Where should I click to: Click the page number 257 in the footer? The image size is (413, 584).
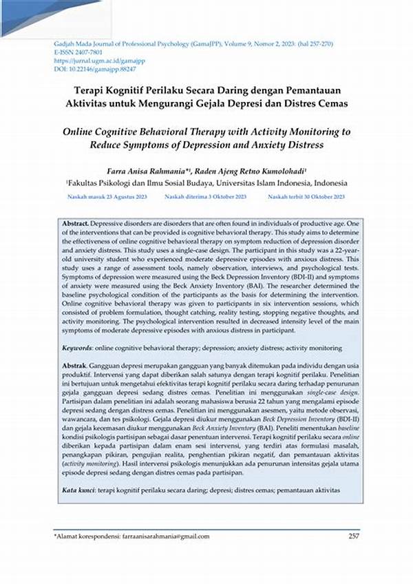(x=354, y=536)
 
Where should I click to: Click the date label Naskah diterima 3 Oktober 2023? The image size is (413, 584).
(x=205, y=197)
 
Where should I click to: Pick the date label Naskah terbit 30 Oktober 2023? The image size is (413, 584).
(x=306, y=197)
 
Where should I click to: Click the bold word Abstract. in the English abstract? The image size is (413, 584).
(x=75, y=225)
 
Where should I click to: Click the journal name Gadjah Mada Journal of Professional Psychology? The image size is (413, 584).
(x=123, y=43)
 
